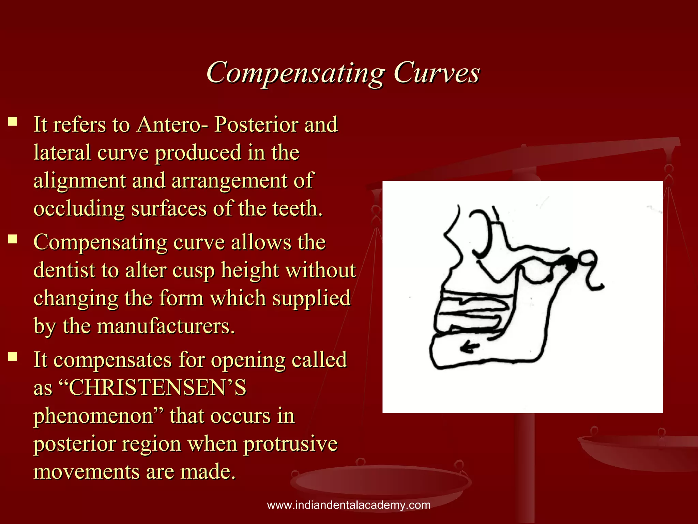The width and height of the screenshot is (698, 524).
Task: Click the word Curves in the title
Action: (x=437, y=73)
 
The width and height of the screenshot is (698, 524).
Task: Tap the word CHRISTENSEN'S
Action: (x=157, y=388)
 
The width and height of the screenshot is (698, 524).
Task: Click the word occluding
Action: (x=79, y=208)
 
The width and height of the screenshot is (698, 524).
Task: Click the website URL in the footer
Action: (x=349, y=505)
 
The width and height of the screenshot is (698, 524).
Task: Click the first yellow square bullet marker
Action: (x=13, y=122)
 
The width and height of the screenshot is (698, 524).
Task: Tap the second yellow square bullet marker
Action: (x=13, y=239)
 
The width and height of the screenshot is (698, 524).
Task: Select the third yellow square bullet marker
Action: (x=13, y=356)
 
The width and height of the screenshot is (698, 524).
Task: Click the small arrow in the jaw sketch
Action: (x=470, y=347)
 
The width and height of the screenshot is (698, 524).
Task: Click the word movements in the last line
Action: (x=87, y=472)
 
